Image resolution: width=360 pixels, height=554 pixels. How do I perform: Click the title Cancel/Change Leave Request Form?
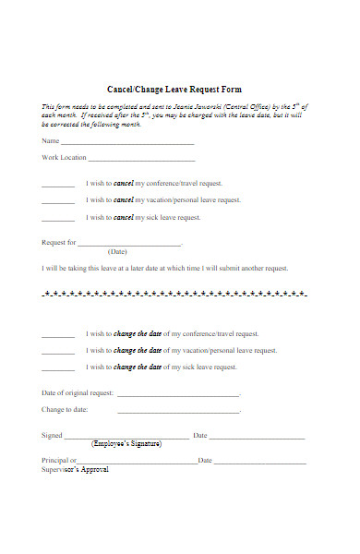[179, 90]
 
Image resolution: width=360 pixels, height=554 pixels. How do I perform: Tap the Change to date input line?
[177, 412]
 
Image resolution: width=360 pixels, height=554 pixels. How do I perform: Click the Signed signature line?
[126, 438]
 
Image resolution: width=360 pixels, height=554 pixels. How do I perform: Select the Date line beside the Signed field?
[258, 438]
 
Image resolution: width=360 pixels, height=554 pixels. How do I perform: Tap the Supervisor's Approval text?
[75, 470]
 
